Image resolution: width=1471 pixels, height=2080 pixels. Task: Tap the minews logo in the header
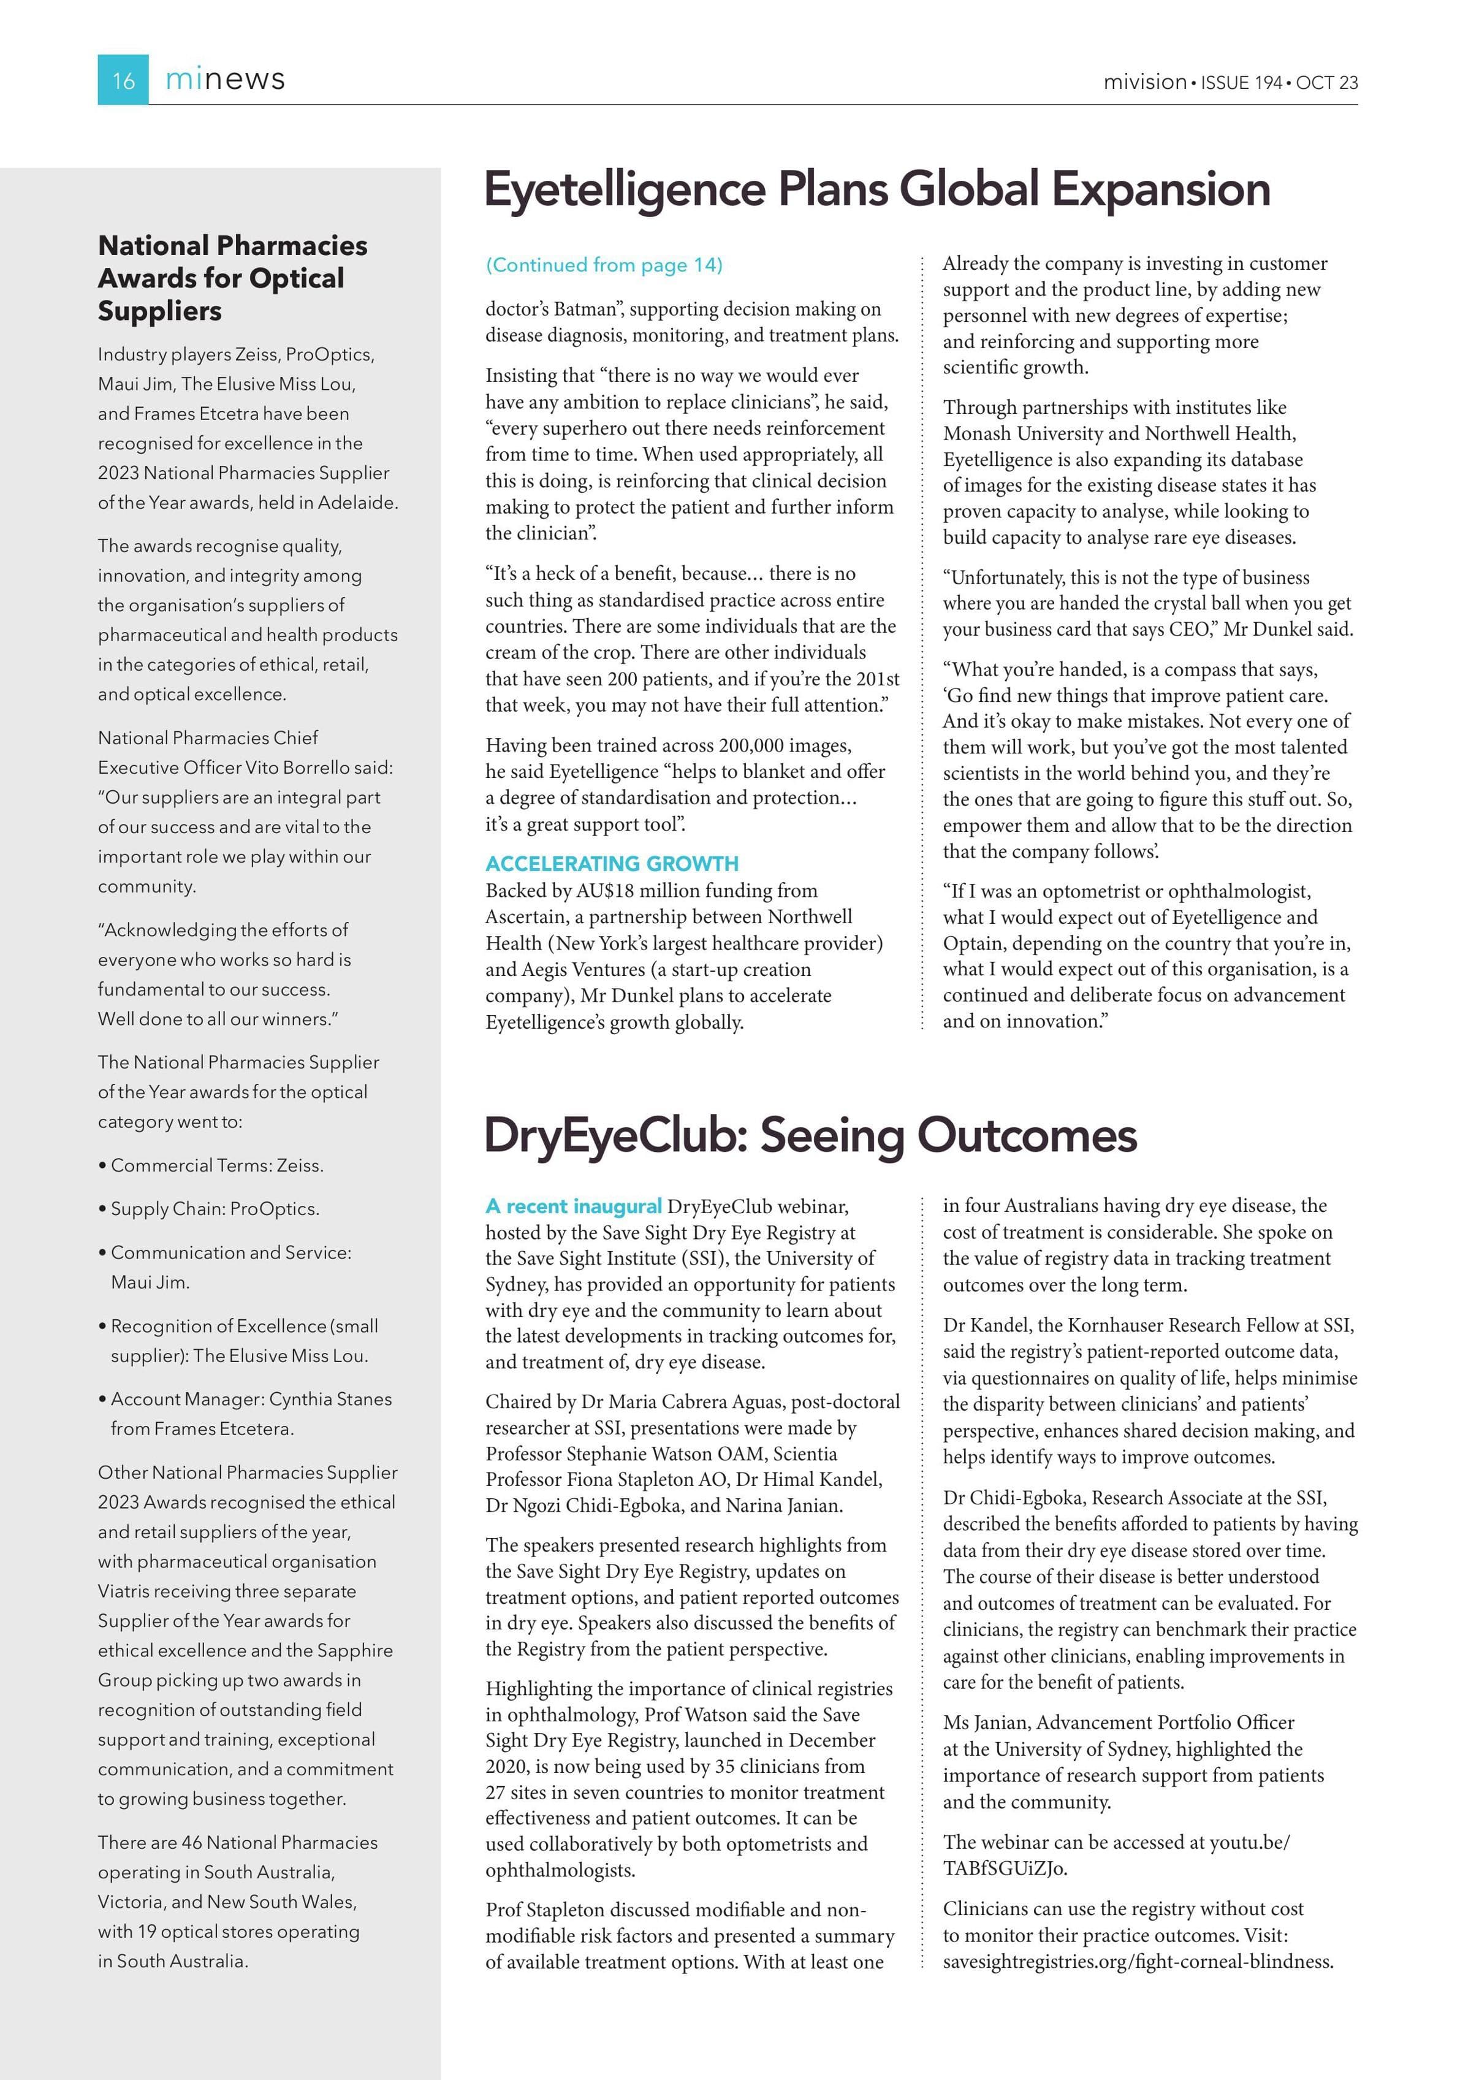tap(225, 80)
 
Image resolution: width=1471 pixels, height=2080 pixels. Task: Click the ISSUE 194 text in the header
tap(1242, 82)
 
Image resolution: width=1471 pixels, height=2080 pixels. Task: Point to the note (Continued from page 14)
tap(604, 265)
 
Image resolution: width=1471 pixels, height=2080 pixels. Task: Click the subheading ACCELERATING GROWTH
tap(612, 863)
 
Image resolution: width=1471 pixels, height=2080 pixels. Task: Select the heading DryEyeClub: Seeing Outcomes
tap(810, 1135)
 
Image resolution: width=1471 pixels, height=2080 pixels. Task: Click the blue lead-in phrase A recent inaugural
tap(573, 1206)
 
